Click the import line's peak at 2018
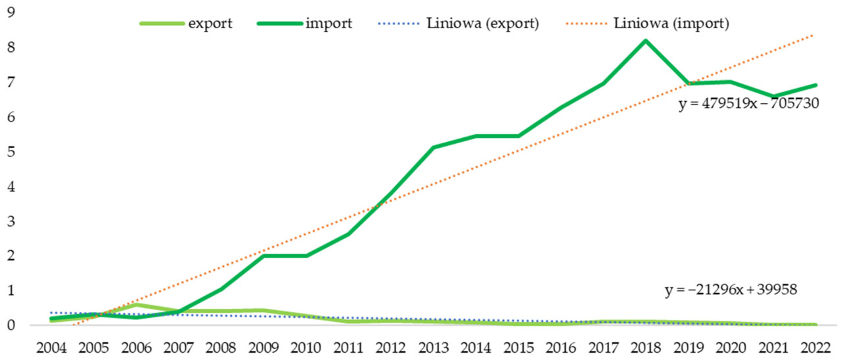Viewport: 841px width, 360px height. point(645,41)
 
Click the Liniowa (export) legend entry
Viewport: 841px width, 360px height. point(460,24)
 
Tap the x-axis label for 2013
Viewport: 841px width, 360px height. point(434,346)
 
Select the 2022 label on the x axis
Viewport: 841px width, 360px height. point(815,346)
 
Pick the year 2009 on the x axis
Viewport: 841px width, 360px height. point(265,346)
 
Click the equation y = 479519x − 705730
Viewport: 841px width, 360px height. point(748,104)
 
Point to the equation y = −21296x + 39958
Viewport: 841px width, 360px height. point(731,290)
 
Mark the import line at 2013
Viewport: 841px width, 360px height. point(434,147)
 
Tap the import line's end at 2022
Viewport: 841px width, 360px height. point(815,85)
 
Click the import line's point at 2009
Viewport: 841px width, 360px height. point(265,256)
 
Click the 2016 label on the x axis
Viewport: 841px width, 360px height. point(560,346)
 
